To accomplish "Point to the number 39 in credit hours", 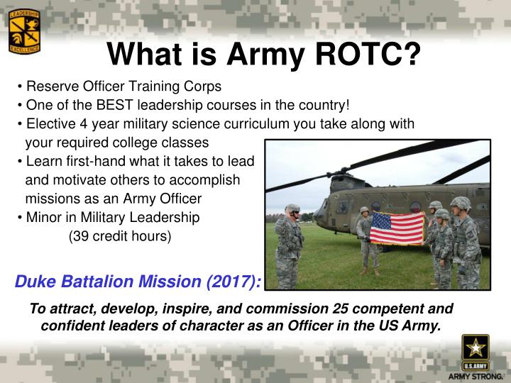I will click(x=77, y=236).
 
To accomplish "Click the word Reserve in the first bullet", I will click(x=48, y=87).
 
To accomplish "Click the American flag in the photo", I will click(x=397, y=228).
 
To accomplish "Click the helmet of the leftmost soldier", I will click(x=292, y=209).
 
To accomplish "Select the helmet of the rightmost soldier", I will click(x=461, y=204).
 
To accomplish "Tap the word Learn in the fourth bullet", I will click(x=43, y=162).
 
